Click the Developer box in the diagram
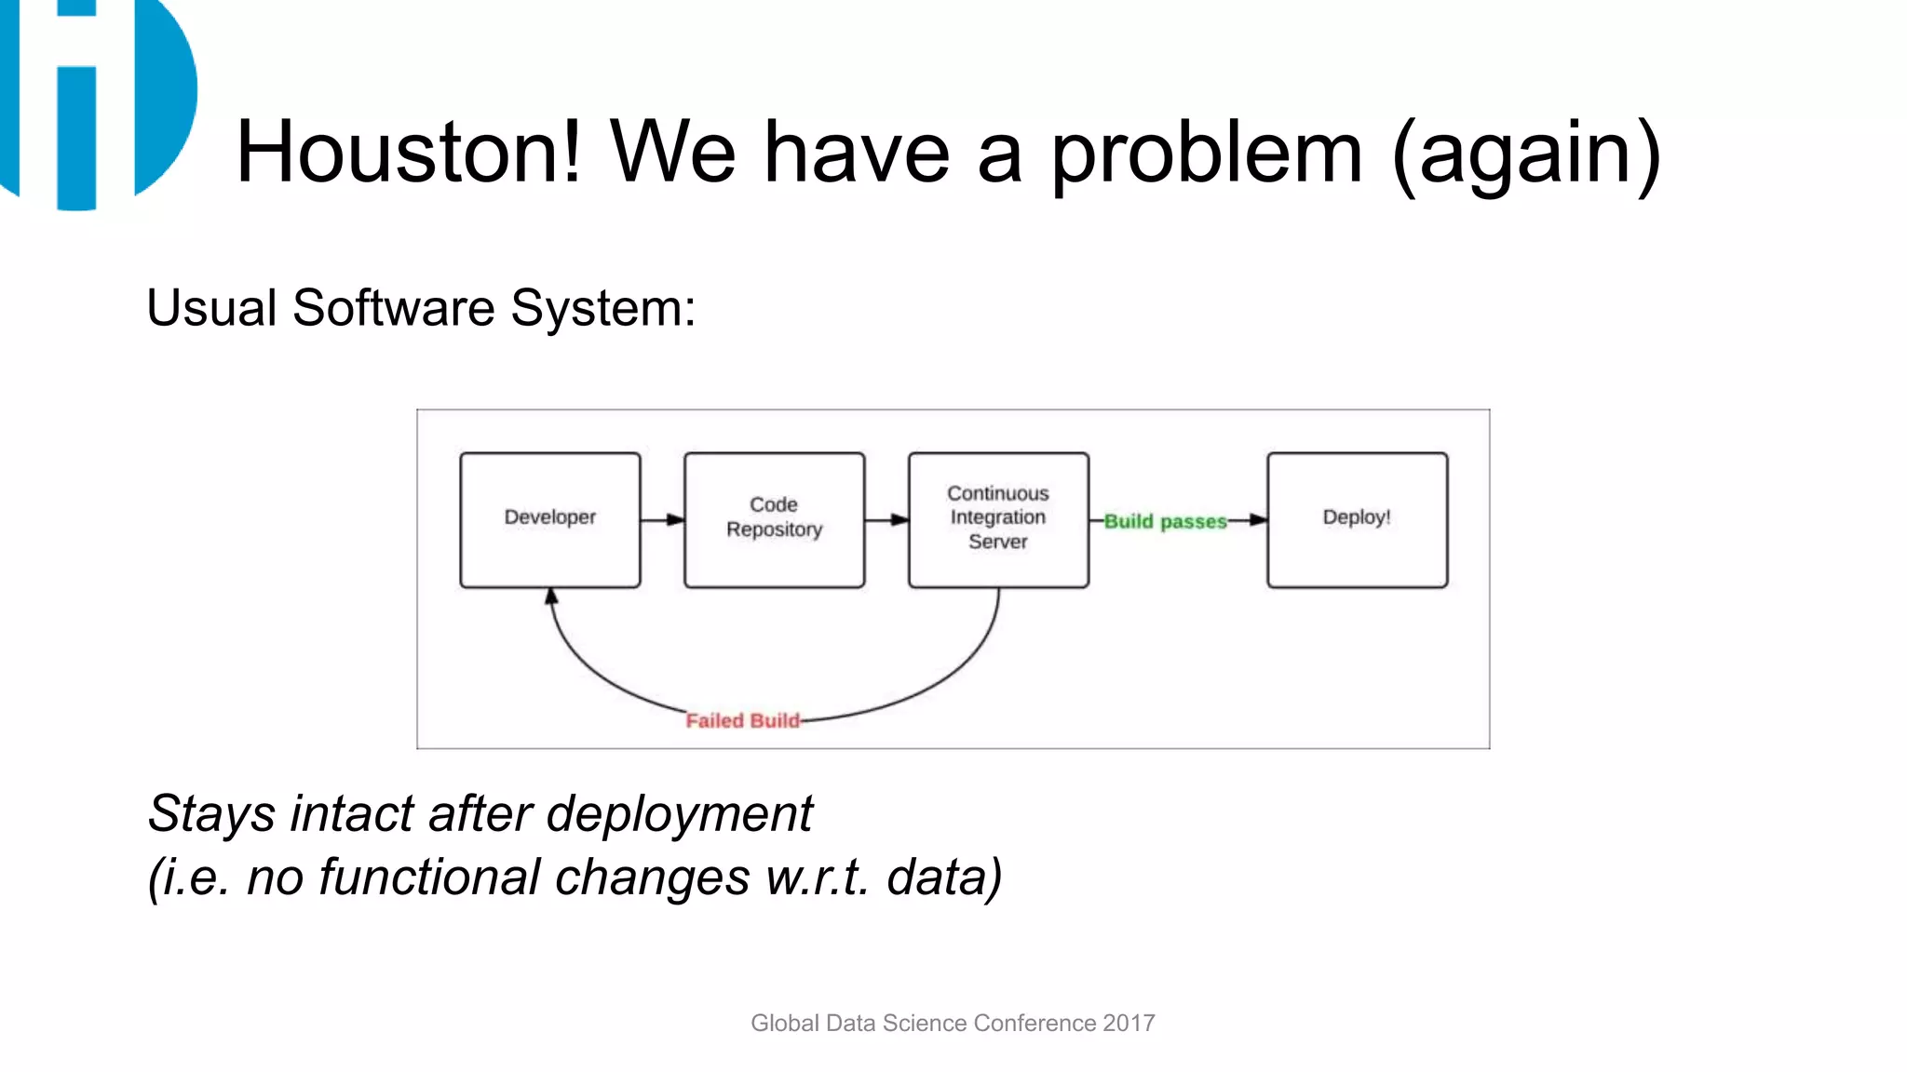550,519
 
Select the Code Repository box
774,519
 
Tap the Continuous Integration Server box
998,519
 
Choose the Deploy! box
1357,519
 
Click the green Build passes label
1165,522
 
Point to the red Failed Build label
742,720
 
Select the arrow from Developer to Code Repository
663,520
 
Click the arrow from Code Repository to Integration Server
886,520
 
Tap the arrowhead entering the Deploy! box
1258,520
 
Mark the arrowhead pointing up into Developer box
551,596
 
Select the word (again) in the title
1526,154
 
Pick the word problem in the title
1207,154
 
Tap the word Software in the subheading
393,308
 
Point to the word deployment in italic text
680,814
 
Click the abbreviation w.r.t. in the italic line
818,878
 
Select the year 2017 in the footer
1129,1023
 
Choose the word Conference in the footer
1035,1023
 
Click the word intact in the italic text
351,814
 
